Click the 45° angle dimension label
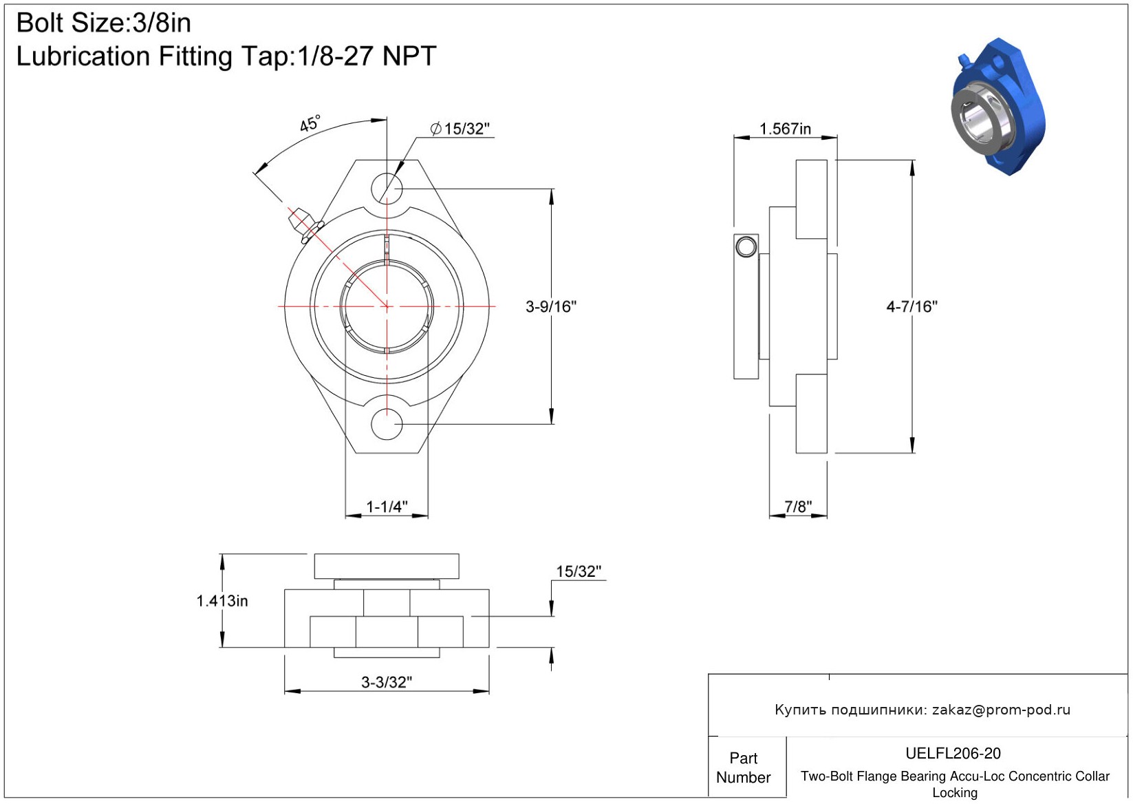click(310, 123)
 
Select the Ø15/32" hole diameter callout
click(460, 129)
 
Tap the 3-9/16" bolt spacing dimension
click(551, 306)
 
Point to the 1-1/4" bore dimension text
click(387, 507)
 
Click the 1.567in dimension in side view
click(785, 129)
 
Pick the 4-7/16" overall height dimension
click(911, 306)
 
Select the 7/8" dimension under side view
click(798, 507)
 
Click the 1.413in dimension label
click(222, 601)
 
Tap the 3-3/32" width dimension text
click(387, 683)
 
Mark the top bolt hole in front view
click(387, 189)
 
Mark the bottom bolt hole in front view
click(387, 424)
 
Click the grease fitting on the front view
click(305, 224)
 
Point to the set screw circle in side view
click(746, 247)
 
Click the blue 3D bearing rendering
click(998, 107)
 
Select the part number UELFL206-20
click(953, 753)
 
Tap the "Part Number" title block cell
click(743, 768)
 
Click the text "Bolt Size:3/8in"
click(104, 23)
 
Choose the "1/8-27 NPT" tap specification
click(366, 56)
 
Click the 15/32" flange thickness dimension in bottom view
click(579, 571)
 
